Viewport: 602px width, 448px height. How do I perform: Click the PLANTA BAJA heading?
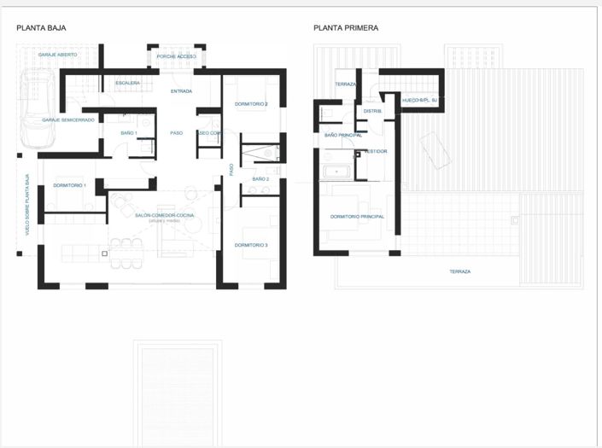[x=41, y=28]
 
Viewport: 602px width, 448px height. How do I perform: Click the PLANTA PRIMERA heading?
[x=346, y=28]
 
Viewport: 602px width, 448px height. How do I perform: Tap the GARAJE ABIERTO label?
[x=58, y=55]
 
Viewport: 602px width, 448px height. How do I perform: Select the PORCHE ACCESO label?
[x=176, y=56]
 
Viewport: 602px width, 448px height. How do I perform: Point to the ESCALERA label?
[x=128, y=83]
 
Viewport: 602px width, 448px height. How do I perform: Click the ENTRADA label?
[x=181, y=91]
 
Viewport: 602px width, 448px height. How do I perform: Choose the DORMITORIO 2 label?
[x=251, y=104]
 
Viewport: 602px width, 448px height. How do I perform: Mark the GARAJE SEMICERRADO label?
[x=68, y=120]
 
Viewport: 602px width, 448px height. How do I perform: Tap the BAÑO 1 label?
[x=129, y=133]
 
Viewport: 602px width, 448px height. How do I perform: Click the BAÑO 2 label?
[x=260, y=179]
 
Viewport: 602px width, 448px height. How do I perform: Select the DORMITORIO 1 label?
[x=69, y=185]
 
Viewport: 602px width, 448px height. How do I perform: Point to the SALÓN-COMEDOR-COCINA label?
[x=165, y=215]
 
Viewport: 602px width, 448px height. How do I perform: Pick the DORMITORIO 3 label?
[x=251, y=246]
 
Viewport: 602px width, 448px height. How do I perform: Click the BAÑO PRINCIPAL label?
[x=342, y=135]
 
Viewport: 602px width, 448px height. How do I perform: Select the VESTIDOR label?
[x=376, y=151]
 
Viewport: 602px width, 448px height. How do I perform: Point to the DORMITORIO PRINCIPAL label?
[x=357, y=217]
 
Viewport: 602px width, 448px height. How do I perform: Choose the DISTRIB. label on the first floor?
[x=372, y=111]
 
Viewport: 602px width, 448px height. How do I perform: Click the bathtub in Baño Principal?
[x=338, y=172]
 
